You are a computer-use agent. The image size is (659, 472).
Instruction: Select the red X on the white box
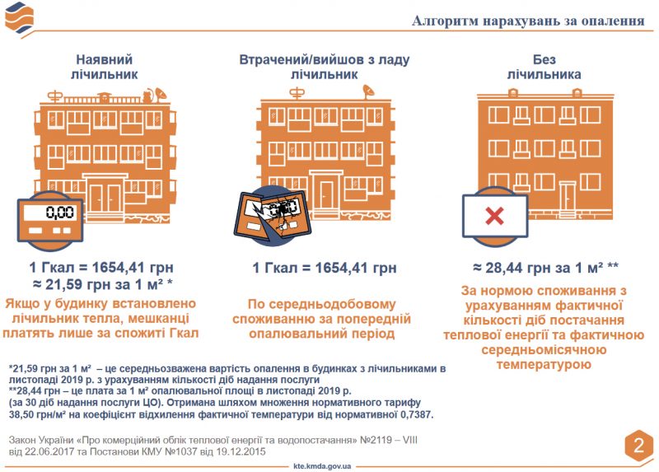[x=494, y=217]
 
